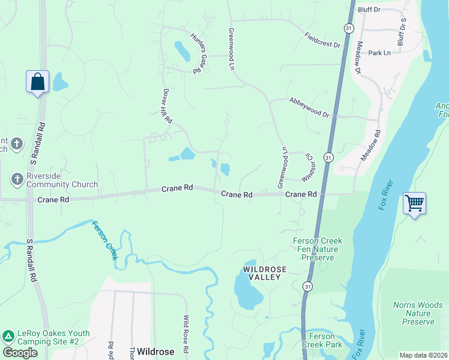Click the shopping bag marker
(x=37, y=82)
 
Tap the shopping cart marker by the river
(x=414, y=204)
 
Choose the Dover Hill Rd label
(x=167, y=106)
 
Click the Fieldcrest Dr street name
(x=322, y=40)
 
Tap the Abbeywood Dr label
(x=309, y=107)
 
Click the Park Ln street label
(x=379, y=53)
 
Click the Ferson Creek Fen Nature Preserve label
(x=317, y=249)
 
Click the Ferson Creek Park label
(x=322, y=340)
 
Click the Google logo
(x=20, y=352)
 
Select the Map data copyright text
(x=423, y=355)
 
